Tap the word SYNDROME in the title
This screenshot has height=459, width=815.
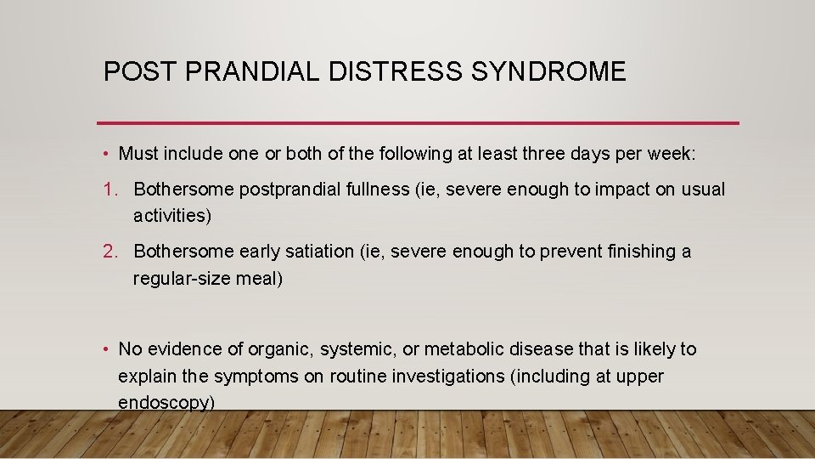548,71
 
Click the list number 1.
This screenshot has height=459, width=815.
109,190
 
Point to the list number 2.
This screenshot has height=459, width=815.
109,252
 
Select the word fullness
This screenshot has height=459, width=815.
373,190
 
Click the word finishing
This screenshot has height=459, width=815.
637,252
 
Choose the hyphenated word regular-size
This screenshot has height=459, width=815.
179,278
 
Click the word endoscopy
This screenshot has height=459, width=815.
165,402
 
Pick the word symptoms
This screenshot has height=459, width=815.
256,376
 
